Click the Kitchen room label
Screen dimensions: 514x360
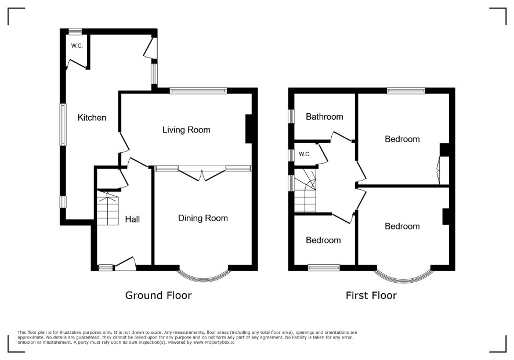pyautogui.click(x=92, y=117)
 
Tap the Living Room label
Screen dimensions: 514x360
pyautogui.click(x=186, y=130)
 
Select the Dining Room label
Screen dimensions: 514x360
pyautogui.click(x=203, y=218)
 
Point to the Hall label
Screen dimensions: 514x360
pyautogui.click(x=132, y=219)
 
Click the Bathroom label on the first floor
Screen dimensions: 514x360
pyautogui.click(x=324, y=117)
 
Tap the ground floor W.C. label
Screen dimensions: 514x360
pyautogui.click(x=77, y=46)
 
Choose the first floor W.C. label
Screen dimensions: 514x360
pyautogui.click(x=305, y=154)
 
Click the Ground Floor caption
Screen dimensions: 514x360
pyautogui.click(x=158, y=296)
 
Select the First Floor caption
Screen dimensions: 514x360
pyautogui.click(x=371, y=296)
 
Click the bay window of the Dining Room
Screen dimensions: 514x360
pyautogui.click(x=203, y=279)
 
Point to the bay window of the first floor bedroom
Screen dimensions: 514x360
pyautogui.click(x=403, y=279)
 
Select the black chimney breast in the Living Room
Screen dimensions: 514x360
pyautogui.click(x=249, y=129)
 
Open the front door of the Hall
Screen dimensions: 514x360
pyautogui.click(x=125, y=264)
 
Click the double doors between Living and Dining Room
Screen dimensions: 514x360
pyautogui.click(x=202, y=173)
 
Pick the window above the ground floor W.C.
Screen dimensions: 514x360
pyautogui.click(x=75, y=31)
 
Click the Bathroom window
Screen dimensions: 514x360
pyautogui.click(x=291, y=116)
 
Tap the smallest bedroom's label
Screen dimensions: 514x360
pyautogui.click(x=323, y=240)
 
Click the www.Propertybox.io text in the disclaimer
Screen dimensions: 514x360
pyautogui.click(x=213, y=342)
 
